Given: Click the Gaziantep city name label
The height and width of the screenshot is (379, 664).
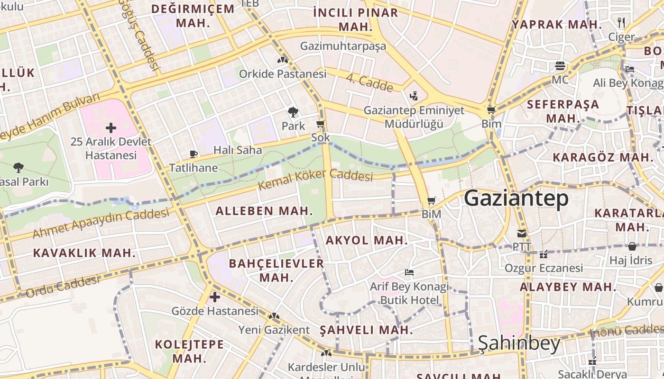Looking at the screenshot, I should (x=516, y=198).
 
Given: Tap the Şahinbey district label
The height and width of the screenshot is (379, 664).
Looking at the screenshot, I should (x=519, y=343).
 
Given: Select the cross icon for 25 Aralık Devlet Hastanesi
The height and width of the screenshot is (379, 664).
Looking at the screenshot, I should (x=111, y=127).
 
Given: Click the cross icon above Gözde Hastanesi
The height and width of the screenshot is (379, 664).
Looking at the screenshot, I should (x=215, y=297).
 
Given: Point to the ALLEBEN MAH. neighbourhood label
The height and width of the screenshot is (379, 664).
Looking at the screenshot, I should (x=264, y=211).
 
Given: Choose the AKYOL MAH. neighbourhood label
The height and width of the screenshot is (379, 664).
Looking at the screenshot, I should (x=367, y=240).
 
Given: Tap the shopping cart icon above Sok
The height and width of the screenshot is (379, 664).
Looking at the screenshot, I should (x=321, y=124).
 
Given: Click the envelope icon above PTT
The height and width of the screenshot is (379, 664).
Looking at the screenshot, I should (x=522, y=233).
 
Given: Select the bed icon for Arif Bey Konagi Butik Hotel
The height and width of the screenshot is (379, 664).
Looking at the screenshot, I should (x=409, y=272).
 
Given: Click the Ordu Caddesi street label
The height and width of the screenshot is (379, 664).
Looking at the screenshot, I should (x=63, y=287).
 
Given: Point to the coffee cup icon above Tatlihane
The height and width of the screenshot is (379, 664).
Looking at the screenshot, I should (x=194, y=154).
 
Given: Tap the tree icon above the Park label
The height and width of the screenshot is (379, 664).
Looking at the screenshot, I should (x=293, y=112).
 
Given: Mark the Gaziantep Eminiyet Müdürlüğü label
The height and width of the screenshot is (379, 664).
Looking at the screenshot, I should (x=414, y=117).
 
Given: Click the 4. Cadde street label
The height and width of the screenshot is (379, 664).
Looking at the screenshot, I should (x=369, y=83).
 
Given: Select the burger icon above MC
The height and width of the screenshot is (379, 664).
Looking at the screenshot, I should (x=560, y=65).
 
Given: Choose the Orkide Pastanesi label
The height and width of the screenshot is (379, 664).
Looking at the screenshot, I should (x=283, y=74).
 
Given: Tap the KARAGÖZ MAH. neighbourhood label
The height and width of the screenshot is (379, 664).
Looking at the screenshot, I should (x=603, y=157).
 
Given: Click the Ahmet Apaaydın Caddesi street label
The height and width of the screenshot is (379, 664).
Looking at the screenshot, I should (x=101, y=223).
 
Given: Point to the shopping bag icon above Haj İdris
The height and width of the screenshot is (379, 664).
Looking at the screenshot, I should (x=632, y=246).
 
